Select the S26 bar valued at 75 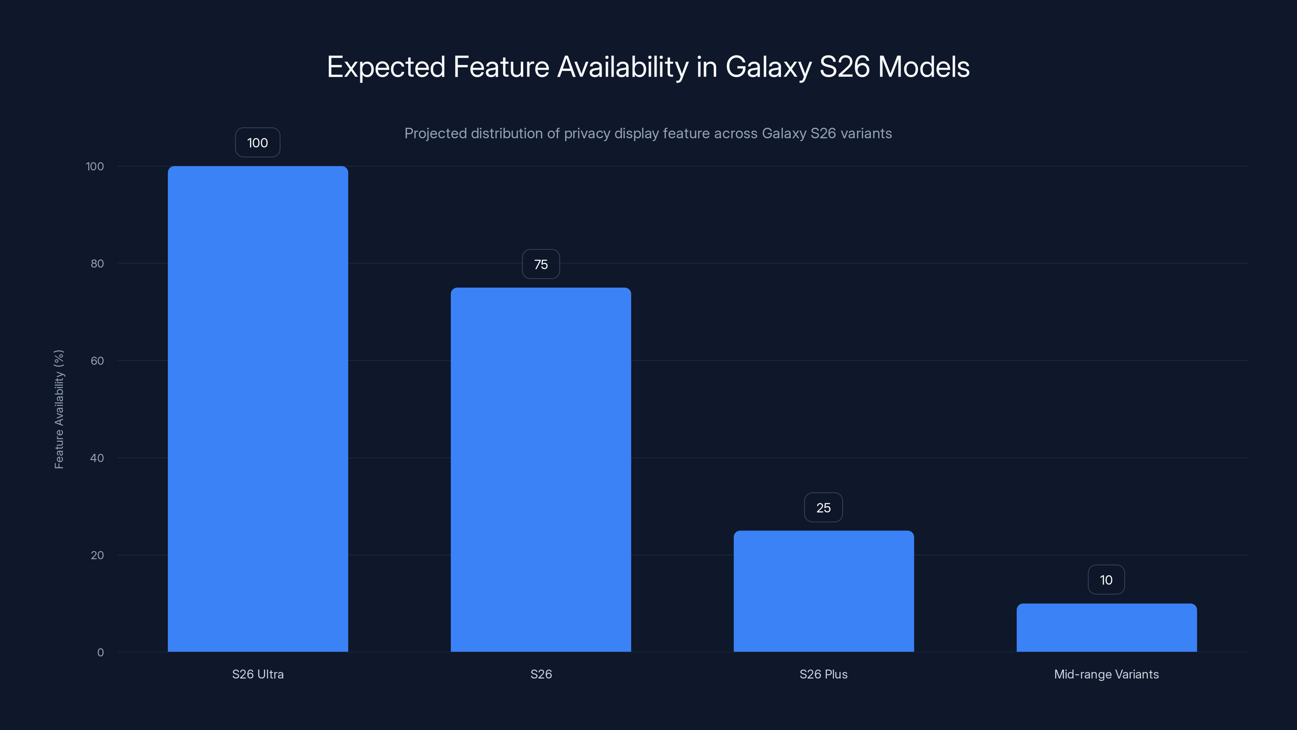(x=541, y=470)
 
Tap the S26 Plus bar (x=824, y=591)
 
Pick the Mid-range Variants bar (x=1106, y=627)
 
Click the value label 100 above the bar (x=258, y=143)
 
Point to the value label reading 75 (x=541, y=264)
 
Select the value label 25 (x=824, y=508)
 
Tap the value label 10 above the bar (x=1106, y=580)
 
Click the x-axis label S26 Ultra (x=258, y=674)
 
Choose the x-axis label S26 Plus (x=824, y=674)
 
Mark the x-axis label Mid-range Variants (x=1106, y=674)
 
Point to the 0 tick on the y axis (x=101, y=653)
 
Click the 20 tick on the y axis (x=97, y=555)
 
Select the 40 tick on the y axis (x=97, y=458)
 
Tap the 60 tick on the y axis (x=97, y=361)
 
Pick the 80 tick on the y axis (x=97, y=264)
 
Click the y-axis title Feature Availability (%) (x=59, y=409)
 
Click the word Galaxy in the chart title (x=768, y=67)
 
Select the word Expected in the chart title (x=386, y=67)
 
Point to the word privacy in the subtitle (x=586, y=133)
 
